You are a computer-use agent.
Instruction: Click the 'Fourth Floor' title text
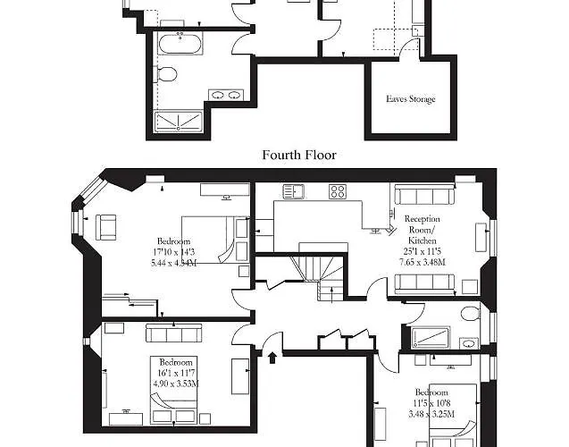coord(298,155)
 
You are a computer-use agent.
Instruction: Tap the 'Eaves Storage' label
coord(411,98)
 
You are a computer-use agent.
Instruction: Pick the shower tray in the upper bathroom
coord(179,121)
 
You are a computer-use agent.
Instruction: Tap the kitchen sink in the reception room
coord(296,191)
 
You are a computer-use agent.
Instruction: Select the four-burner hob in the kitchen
coord(339,190)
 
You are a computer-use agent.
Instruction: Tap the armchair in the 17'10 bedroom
coord(108,227)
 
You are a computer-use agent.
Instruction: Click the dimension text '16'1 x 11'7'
coord(175,373)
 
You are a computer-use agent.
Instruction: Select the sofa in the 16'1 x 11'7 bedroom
coord(175,333)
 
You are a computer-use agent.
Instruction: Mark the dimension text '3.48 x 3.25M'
coord(432,415)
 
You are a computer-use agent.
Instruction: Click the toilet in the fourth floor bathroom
coord(467,313)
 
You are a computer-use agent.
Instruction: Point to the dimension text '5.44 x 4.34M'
coord(173,263)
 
